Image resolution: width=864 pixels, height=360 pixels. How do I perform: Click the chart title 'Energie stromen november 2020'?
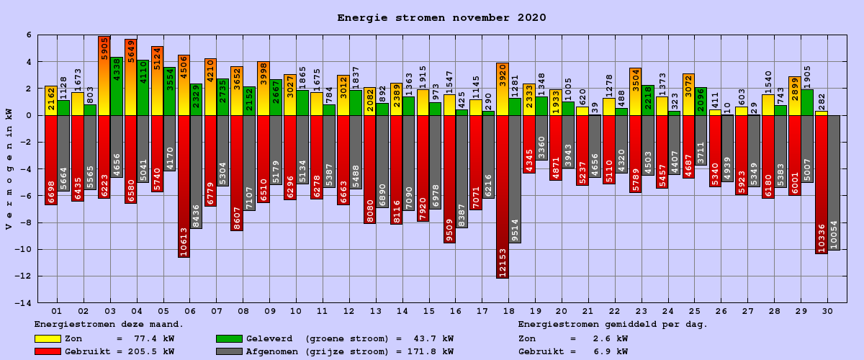pyautogui.click(x=441, y=18)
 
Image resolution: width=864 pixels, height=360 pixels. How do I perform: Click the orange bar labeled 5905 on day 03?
pyautogui.click(x=104, y=76)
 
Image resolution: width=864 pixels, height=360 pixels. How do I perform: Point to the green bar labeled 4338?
pyautogui.click(x=117, y=86)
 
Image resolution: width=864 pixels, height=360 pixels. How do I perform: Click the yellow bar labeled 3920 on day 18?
pyautogui.click(x=503, y=89)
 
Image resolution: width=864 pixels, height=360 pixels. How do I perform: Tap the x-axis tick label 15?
pyautogui.click(x=428, y=310)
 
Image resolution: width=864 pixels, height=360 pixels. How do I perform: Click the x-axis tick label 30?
pyautogui.click(x=827, y=310)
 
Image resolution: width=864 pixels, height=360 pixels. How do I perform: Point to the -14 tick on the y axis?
pyautogui.click(x=24, y=303)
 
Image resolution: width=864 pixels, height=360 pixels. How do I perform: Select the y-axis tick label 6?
pyautogui.click(x=29, y=35)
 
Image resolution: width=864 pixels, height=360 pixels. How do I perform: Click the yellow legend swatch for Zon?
pyautogui.click(x=48, y=338)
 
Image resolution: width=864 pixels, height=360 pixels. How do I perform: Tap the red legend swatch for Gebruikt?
pyautogui.click(x=48, y=351)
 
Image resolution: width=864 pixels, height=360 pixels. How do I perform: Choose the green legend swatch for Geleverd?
pyautogui.click(x=229, y=338)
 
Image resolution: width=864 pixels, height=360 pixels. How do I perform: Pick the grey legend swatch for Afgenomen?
pyautogui.click(x=229, y=351)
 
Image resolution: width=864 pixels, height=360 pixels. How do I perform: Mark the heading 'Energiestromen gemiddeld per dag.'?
pyautogui.click(x=613, y=325)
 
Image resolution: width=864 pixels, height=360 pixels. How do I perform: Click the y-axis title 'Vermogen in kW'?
pyautogui.click(x=9, y=169)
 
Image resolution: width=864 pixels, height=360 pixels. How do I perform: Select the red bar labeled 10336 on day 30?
pyautogui.click(x=822, y=184)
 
